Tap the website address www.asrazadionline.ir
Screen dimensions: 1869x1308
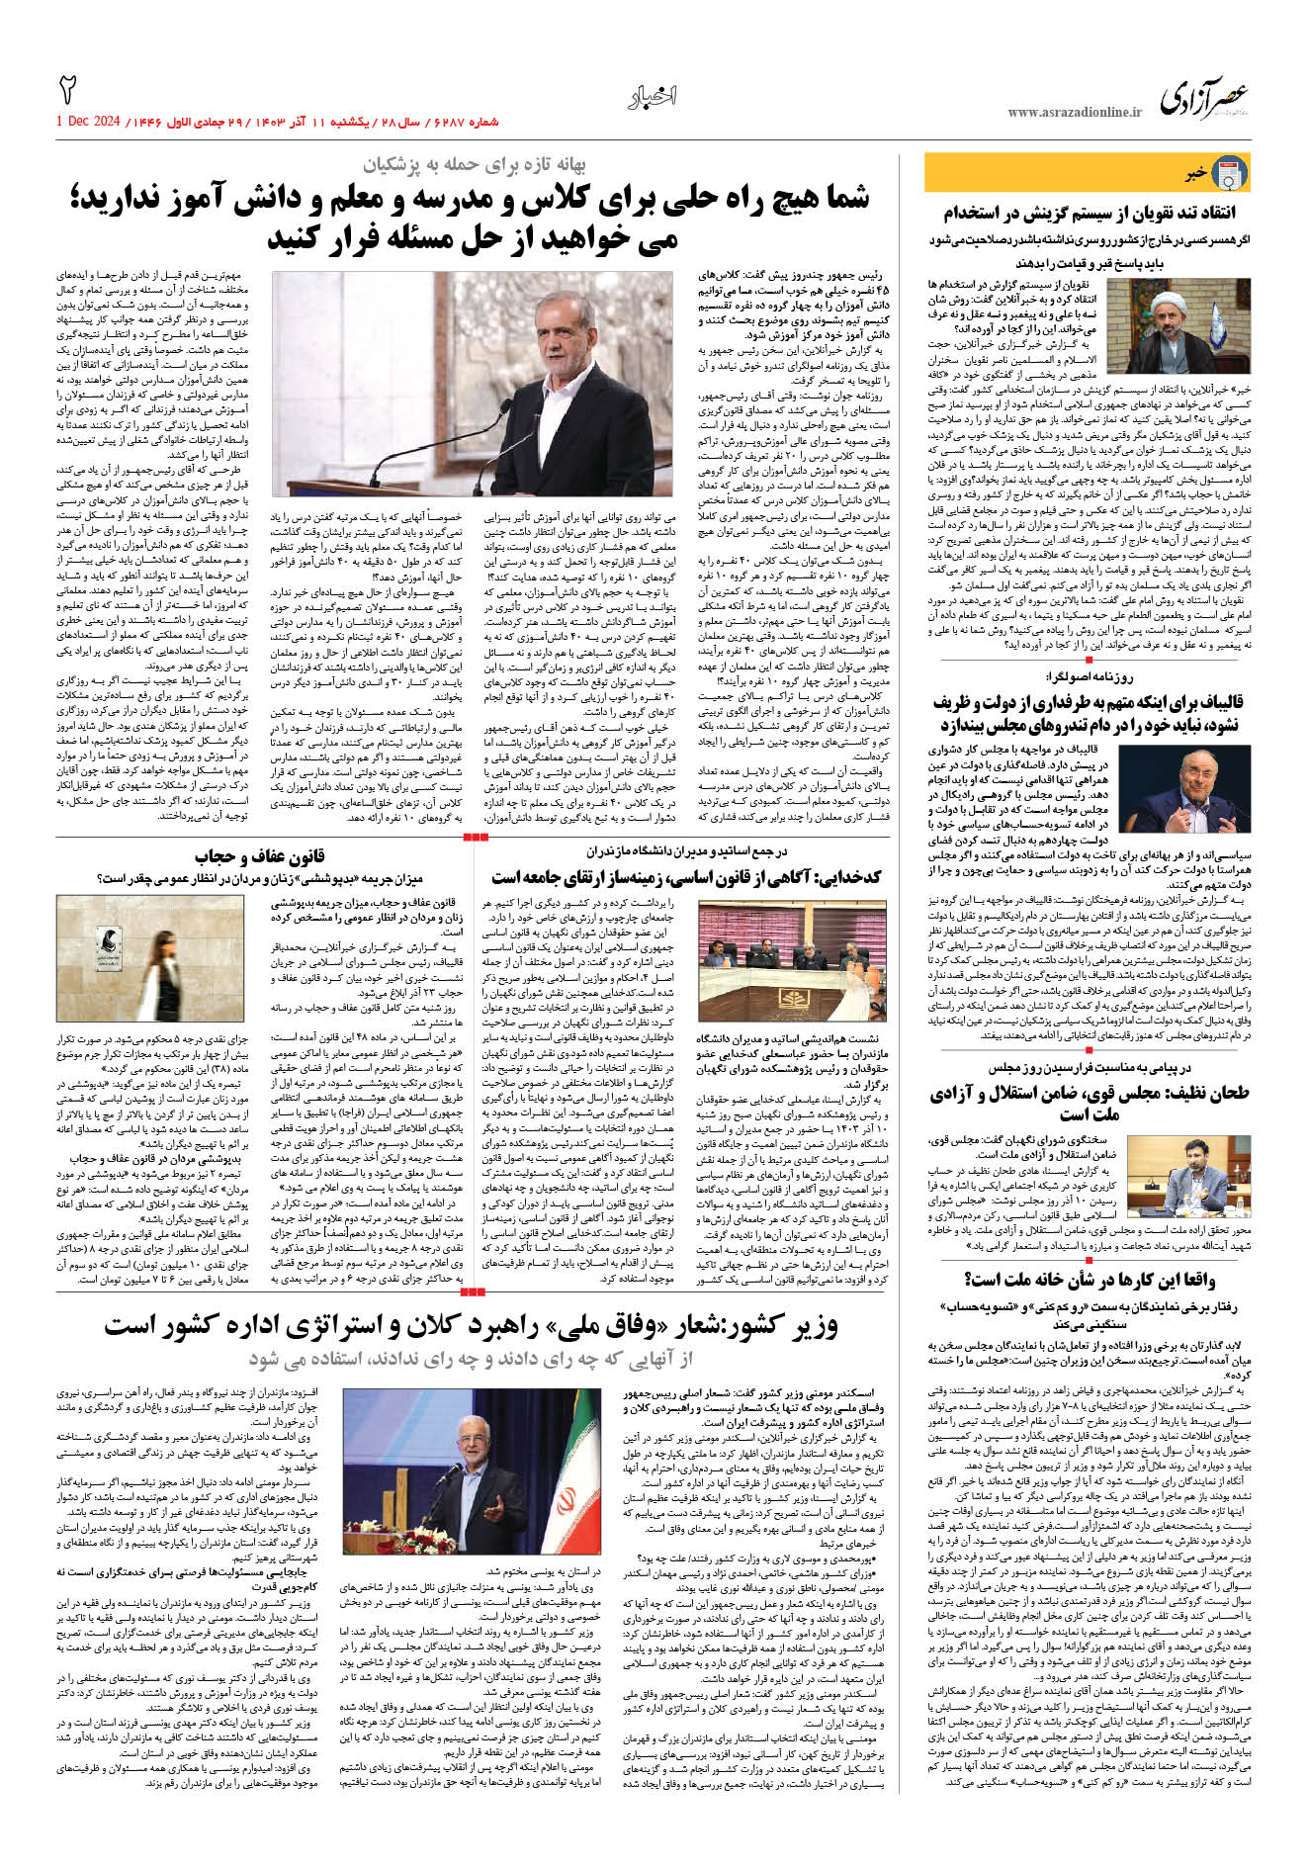[1074, 113]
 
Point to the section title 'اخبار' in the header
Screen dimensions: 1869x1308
[653, 97]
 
